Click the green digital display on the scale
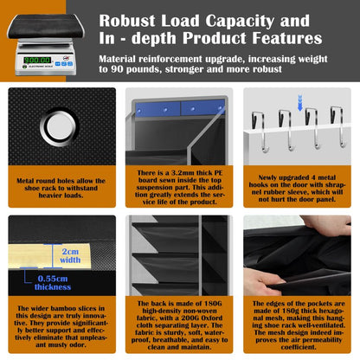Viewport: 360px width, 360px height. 37,60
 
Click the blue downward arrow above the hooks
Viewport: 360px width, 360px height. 300,103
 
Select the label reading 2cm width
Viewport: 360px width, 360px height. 70,255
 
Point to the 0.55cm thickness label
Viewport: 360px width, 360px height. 53,283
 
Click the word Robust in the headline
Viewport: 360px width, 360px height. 127,21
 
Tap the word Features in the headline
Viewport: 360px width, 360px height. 287,38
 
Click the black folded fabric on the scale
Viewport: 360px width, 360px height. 46,26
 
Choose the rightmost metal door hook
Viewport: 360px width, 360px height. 338,126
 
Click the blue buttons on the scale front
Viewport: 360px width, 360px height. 64,64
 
